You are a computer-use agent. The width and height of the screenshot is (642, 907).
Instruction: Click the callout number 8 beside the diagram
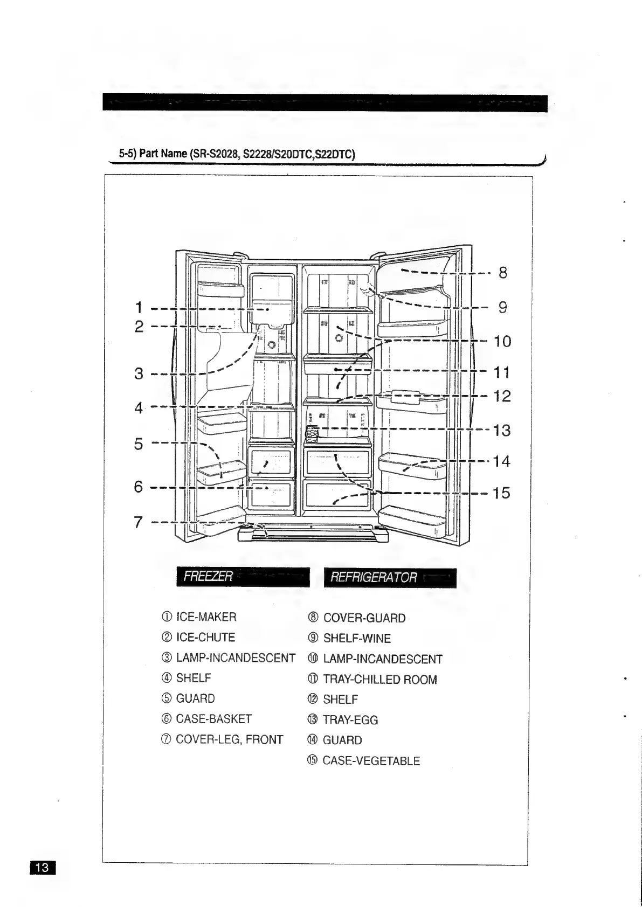502,273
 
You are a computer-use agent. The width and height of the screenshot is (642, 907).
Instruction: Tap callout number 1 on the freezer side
139,308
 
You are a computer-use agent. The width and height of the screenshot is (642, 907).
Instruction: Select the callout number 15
501,493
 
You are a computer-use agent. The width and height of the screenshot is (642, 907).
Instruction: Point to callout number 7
139,522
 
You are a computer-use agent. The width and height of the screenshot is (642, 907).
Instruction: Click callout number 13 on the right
502,431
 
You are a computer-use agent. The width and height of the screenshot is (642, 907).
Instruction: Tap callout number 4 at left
139,407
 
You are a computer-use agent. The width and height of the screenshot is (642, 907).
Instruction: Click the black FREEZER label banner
243,577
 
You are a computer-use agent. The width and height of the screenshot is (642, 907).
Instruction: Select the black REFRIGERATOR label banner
390,578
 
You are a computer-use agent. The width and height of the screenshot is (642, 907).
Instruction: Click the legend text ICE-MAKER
206,617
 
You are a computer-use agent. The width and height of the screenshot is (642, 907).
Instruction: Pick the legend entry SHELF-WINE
356,639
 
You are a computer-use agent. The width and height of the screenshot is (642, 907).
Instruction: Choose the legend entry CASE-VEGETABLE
370,761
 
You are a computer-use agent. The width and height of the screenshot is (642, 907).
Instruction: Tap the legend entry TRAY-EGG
350,720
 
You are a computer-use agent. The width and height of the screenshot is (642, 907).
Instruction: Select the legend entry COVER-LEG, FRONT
229,739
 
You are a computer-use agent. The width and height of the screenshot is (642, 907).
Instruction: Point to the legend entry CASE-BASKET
213,719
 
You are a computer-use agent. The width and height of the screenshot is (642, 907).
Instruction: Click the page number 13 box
42,867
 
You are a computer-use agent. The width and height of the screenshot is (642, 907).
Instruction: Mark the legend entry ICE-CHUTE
205,638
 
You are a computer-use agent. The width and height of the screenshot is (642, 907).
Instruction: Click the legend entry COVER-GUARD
364,618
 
